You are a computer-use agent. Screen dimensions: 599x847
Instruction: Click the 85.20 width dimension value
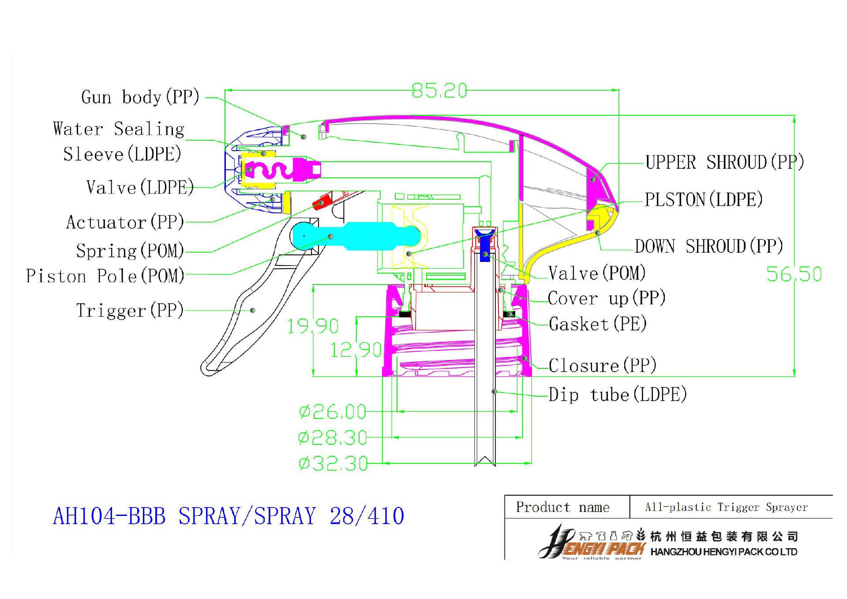439,91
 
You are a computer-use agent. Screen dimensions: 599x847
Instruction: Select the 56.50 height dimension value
794,274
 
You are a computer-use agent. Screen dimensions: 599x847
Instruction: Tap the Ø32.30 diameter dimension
333,463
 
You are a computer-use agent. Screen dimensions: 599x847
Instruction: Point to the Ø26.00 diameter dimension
333,412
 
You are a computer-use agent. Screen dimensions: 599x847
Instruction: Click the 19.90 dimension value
313,326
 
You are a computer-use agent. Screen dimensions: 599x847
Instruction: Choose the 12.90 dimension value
356,350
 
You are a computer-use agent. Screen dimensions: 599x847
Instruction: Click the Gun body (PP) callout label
140,97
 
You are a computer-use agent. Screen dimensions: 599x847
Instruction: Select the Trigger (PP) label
130,310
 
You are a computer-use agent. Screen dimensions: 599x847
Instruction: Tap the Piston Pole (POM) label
105,276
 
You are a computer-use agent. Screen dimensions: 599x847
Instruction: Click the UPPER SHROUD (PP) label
725,163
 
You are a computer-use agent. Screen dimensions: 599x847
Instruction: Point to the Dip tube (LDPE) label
618,394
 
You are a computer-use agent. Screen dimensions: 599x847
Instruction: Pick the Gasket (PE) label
598,324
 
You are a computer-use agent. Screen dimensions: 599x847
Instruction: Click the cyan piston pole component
362,236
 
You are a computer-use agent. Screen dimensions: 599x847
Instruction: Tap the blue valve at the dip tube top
485,245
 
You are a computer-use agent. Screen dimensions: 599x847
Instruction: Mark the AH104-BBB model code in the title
109,516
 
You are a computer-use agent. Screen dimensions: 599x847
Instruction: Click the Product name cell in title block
563,507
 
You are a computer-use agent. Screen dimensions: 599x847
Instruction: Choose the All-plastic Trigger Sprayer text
726,507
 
